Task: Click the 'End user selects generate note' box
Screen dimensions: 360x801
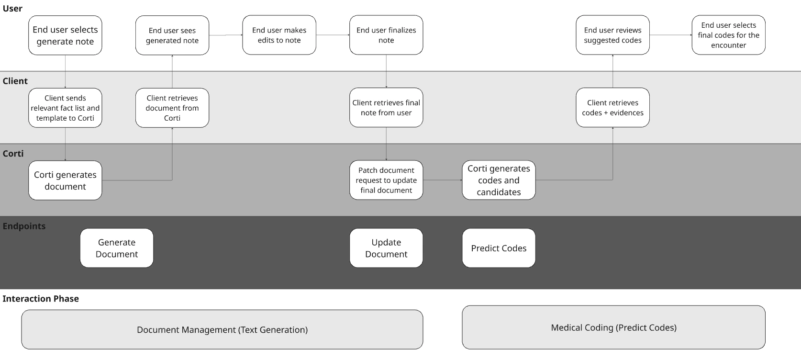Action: pyautogui.click(x=65, y=35)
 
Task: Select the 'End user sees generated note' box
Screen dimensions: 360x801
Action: pyautogui.click(x=172, y=35)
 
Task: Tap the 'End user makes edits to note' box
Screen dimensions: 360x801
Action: pyautogui.click(x=279, y=35)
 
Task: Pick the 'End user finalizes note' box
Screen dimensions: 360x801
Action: pyautogui.click(x=386, y=35)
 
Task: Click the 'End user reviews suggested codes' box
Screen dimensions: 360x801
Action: pyautogui.click(x=612, y=35)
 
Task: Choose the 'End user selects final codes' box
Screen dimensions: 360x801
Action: pyautogui.click(x=728, y=35)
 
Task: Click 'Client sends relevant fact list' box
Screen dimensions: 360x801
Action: pyautogui.click(x=65, y=108)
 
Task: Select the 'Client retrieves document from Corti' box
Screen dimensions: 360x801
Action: pyautogui.click(x=172, y=108)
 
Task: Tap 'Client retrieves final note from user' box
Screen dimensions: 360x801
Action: pyautogui.click(x=386, y=108)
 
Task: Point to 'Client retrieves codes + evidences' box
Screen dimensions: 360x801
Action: pyautogui.click(x=612, y=108)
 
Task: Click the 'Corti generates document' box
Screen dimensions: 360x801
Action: pyautogui.click(x=65, y=180)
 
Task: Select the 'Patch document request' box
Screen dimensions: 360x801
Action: pyautogui.click(x=386, y=180)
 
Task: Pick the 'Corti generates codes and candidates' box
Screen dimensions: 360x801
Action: pyautogui.click(x=499, y=180)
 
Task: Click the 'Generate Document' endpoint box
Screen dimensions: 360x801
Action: pyautogui.click(x=117, y=248)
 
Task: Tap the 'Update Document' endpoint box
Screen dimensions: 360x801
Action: pyautogui.click(x=386, y=248)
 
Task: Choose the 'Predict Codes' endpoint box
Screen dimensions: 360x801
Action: pyautogui.click(x=499, y=248)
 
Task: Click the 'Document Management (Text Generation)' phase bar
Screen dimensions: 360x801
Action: pyautogui.click(x=222, y=330)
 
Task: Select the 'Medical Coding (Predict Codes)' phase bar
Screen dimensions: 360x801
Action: pyautogui.click(x=613, y=328)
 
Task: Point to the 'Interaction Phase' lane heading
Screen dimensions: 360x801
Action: pyautogui.click(x=41, y=299)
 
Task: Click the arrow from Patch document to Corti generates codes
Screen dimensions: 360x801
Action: pyautogui.click(x=443, y=180)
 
